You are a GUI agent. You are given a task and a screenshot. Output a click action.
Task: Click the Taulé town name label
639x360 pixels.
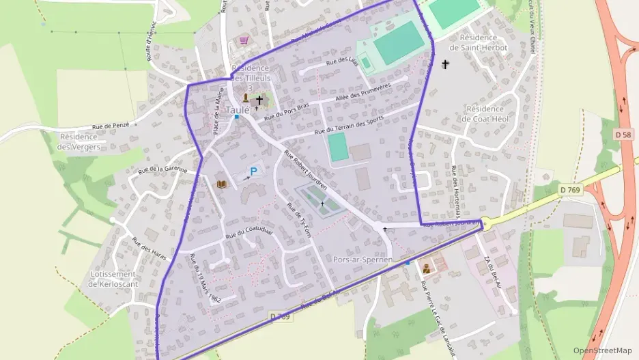pos(237,109)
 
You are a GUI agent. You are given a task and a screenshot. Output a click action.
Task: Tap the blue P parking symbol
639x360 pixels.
pos(253,172)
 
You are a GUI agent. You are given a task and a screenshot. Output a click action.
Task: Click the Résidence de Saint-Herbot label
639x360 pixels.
pos(483,42)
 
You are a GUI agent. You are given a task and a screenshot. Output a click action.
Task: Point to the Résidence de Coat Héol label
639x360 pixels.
pos(484,113)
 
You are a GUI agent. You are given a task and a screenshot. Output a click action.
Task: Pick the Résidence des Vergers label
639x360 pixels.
pos(79,141)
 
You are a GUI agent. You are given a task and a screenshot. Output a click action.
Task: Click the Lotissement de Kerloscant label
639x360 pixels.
pos(113,279)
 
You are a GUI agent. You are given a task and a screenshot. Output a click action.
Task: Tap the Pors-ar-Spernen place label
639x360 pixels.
pos(363,260)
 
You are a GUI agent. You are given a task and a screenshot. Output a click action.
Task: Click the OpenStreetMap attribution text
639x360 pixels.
pos(603,350)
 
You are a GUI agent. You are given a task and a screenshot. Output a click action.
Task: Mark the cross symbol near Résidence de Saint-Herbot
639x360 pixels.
pos(446,64)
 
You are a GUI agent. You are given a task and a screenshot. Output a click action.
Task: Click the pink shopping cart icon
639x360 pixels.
pos(244,40)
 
